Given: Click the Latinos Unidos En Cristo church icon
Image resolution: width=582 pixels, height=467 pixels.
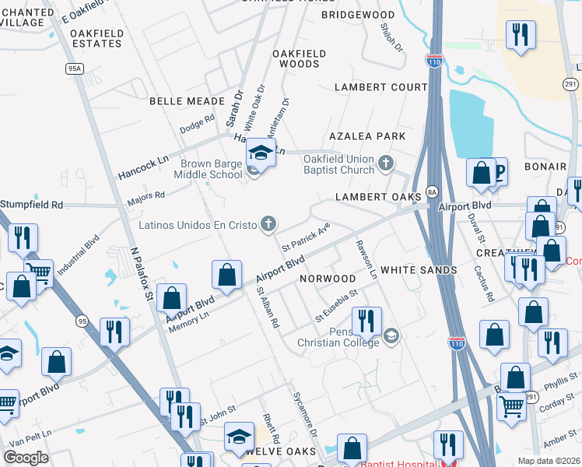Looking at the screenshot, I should pos(268,225).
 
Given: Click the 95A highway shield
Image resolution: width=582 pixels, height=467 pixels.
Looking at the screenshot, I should pos(75,68).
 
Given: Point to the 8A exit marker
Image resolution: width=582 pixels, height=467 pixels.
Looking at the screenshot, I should pos(432,191).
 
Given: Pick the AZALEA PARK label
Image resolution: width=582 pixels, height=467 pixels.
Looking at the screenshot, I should pos(367,136).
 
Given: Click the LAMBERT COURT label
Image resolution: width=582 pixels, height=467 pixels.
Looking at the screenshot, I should pos(381,87).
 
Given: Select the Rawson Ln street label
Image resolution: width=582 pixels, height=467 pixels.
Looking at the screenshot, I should pos(366,259).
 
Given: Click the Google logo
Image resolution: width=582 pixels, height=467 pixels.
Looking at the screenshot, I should pos(26,458).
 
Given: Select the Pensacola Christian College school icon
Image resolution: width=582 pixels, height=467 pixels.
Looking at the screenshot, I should pos(391,336).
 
